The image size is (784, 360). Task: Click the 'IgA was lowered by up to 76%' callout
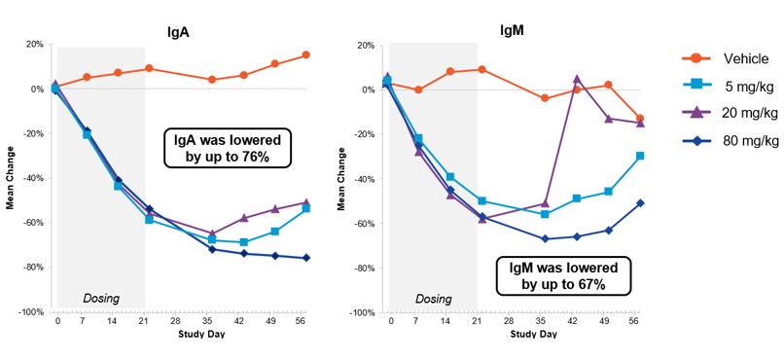pyautogui.click(x=228, y=149)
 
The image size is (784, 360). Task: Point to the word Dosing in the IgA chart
pyautogui.click(x=100, y=298)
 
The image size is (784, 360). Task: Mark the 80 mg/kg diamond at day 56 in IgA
pyautogui.click(x=305, y=258)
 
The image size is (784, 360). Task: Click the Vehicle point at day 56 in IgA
pyautogui.click(x=305, y=54)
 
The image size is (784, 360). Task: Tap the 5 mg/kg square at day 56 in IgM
pyautogui.click(x=638, y=156)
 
